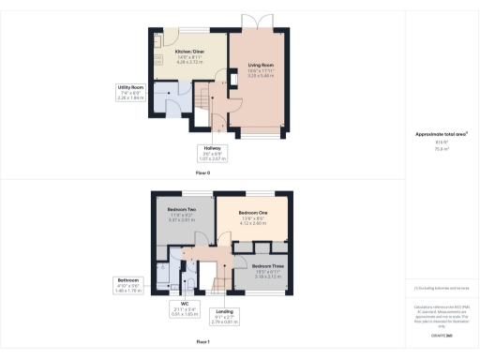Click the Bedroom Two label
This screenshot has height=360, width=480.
pyautogui.click(x=181, y=208)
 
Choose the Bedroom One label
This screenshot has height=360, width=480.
pyautogui.click(x=253, y=214)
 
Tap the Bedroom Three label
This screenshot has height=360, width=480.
pyautogui.click(x=266, y=266)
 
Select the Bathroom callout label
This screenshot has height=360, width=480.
pyautogui.click(x=127, y=279)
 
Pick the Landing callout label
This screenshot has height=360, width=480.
pyautogui.click(x=225, y=310)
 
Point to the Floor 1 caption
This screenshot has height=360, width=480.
pyautogui.click(x=202, y=342)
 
